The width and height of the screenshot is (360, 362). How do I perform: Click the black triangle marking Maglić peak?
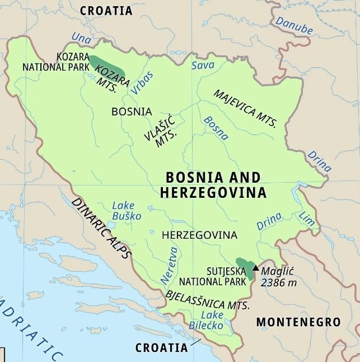click(x=256, y=268)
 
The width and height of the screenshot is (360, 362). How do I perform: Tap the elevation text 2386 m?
click(x=278, y=282)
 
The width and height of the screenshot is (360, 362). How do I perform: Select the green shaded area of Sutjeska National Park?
click(x=245, y=266)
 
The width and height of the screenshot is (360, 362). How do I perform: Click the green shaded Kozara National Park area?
click(x=108, y=67)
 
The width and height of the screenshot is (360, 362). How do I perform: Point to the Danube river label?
click(x=294, y=26)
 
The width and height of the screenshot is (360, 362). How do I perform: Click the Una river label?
click(x=81, y=38)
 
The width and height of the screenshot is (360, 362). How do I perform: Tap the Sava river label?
click(x=203, y=66)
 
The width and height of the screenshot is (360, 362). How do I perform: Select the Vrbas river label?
click(x=141, y=83)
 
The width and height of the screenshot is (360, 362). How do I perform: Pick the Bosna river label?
click(x=216, y=128)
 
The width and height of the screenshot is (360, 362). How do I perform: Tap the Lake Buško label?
click(x=126, y=211)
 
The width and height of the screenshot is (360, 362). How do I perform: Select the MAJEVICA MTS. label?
click(x=245, y=108)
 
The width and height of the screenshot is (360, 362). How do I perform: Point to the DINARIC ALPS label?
click(x=102, y=228)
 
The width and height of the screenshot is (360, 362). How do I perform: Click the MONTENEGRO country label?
click(x=298, y=322)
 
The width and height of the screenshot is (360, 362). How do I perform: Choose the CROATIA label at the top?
click(x=106, y=11)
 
